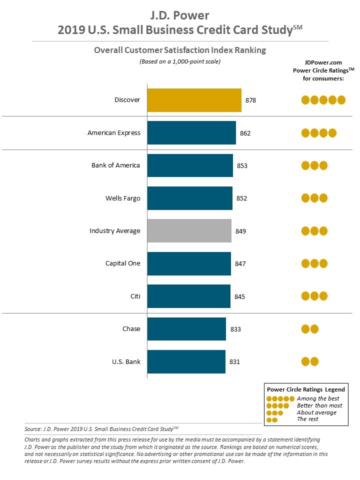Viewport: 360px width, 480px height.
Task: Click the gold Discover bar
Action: coord(194,100)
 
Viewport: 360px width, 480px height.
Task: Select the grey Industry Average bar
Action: coord(189,231)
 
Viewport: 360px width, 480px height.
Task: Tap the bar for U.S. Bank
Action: coord(186,361)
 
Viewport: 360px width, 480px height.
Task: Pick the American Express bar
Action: coord(191,133)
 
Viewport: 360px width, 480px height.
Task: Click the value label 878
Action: coord(250,100)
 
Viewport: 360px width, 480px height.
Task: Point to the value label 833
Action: coord(235,329)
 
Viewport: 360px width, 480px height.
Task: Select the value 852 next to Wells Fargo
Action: coord(242,198)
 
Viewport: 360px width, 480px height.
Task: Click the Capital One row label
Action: coord(123,263)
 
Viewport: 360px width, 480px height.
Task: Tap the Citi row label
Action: coord(135,296)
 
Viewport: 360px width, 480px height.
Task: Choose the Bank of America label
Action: coord(115,165)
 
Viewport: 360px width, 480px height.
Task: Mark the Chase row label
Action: coord(131,329)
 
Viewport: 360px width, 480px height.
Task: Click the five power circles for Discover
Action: coord(323,100)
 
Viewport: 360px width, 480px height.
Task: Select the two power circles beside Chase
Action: coord(310,329)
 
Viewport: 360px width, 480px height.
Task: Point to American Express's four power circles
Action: coord(318,133)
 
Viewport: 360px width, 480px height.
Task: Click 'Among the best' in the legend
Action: coord(318,398)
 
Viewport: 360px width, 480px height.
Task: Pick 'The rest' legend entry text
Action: coord(307,419)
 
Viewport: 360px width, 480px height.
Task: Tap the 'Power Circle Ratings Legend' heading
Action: coord(305,389)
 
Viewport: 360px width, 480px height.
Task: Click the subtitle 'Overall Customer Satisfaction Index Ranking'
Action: coord(180,50)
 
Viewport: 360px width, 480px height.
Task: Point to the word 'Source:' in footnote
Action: coord(32,429)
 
